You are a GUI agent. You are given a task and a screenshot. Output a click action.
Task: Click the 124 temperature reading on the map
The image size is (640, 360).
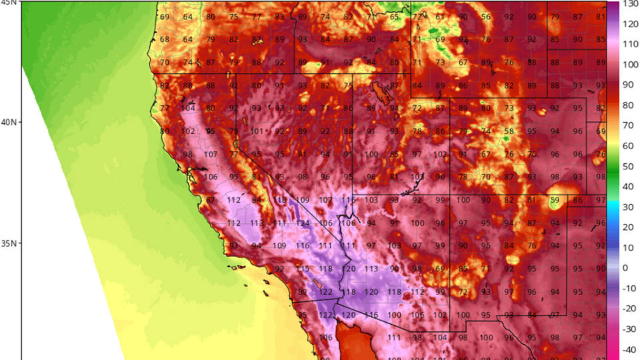(303, 223)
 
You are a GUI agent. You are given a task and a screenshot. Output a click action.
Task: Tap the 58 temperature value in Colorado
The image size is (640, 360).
(509, 131)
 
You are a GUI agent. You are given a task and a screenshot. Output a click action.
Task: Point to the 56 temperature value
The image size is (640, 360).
(486, 17)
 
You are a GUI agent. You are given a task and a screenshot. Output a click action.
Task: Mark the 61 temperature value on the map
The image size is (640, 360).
(440, 17)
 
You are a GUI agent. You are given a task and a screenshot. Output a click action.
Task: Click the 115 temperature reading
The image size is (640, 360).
(303, 269)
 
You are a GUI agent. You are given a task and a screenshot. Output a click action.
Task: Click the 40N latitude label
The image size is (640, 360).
(9, 122)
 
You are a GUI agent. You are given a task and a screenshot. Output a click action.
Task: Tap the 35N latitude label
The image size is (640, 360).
(9, 243)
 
